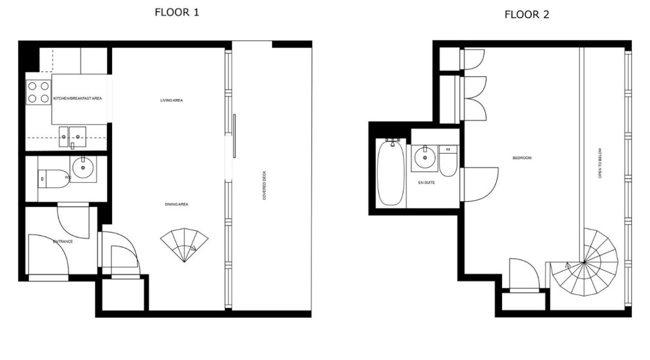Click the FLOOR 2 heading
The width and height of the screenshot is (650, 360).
(x=527, y=15)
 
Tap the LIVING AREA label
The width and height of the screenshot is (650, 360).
(x=172, y=101)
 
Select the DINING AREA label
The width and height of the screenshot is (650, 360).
(x=176, y=204)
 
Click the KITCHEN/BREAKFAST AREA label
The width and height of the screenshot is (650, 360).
(x=77, y=99)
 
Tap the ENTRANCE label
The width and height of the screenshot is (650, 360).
(x=63, y=242)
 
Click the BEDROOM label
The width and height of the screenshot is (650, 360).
(x=522, y=158)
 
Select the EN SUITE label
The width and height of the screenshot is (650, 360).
(x=426, y=182)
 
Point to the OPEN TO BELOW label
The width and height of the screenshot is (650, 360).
(x=600, y=166)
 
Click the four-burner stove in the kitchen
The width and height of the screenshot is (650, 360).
(x=38, y=92)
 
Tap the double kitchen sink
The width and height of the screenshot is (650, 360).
(x=72, y=134)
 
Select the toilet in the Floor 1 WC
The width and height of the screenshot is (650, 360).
(x=50, y=178)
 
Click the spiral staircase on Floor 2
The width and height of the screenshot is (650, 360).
(x=591, y=261)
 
